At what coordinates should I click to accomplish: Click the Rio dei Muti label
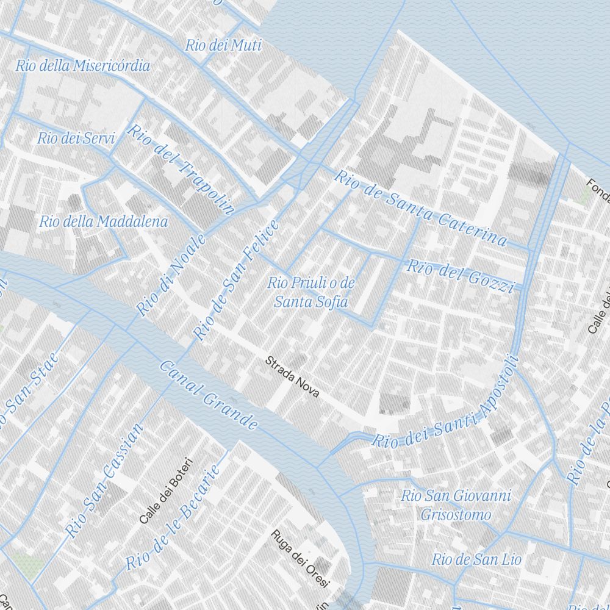[223, 45]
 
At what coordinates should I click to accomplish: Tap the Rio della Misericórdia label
[83, 66]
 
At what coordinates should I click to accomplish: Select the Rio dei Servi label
[76, 138]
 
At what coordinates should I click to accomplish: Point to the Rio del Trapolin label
[181, 169]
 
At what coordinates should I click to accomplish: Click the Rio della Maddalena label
[104, 221]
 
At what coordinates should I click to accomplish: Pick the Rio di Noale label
[171, 276]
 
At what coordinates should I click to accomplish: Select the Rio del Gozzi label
[461, 275]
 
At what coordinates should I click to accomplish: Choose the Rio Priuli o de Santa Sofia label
[311, 292]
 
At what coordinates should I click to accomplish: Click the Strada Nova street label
[292, 377]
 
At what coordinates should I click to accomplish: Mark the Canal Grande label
[208, 395]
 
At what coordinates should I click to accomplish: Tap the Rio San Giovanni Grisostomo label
[456, 505]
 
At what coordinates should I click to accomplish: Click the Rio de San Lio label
[476, 559]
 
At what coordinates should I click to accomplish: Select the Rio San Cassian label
[106, 481]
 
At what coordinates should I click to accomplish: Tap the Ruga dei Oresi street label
[301, 559]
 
